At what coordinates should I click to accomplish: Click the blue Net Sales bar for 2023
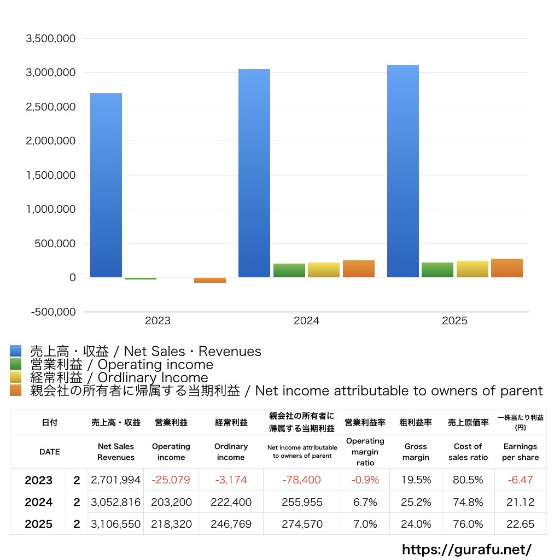click(106, 185)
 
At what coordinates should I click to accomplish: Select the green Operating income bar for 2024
click(289, 270)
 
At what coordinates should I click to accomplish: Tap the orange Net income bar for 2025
click(507, 268)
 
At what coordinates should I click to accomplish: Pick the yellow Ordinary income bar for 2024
click(324, 270)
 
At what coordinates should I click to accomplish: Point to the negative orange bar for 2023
click(210, 280)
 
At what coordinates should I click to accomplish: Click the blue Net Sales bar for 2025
click(403, 171)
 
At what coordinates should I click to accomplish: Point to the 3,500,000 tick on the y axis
click(51, 38)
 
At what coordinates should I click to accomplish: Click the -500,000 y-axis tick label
click(53, 312)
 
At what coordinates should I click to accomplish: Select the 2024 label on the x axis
click(306, 320)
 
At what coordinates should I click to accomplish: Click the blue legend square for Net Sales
click(16, 351)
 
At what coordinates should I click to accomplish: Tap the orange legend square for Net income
click(16, 390)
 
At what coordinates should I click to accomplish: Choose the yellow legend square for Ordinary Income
click(16, 377)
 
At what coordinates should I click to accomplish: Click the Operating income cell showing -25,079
click(171, 480)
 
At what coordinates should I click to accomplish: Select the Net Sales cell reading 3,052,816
click(116, 502)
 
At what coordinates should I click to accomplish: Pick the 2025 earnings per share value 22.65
click(521, 524)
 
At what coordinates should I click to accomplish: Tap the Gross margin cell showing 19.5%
click(416, 480)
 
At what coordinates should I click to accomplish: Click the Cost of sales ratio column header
click(468, 452)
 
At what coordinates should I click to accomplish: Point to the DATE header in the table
click(50, 452)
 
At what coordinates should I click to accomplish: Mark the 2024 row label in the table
click(39, 502)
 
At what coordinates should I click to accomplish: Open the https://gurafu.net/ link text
click(466, 549)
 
